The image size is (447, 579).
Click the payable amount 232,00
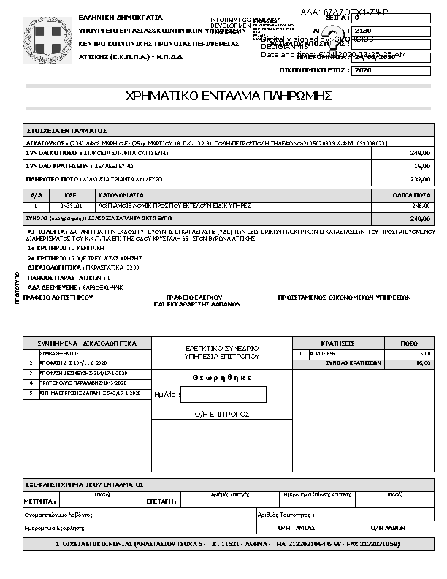pyautogui.click(x=420, y=178)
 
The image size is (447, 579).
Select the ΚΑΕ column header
pyautogui.click(x=71, y=196)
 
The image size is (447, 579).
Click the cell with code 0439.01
pyautogui.click(x=71, y=206)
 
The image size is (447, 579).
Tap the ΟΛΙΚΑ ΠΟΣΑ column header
pyautogui.click(x=413, y=196)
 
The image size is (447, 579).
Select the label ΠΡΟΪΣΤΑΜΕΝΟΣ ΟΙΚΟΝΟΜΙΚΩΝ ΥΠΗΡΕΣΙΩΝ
pyautogui.click(x=345, y=298)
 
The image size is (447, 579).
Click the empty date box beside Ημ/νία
pyautogui.click(x=223, y=394)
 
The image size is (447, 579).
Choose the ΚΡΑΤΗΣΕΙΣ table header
pyautogui.click(x=337, y=343)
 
